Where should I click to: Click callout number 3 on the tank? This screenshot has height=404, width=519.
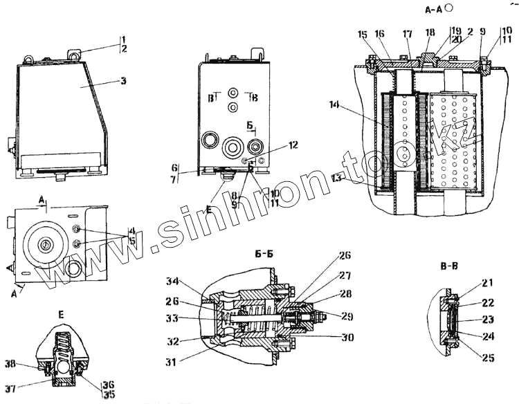tap(122, 81)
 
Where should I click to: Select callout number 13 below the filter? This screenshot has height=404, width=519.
tap(337, 177)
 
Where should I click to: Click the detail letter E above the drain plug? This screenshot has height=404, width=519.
tap(63, 314)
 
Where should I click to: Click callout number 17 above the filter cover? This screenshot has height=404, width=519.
tap(408, 33)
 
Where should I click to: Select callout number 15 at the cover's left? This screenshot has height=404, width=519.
tap(363, 33)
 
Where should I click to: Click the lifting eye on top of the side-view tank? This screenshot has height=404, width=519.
tap(74, 52)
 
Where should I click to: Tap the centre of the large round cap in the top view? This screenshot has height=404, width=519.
tap(44, 244)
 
